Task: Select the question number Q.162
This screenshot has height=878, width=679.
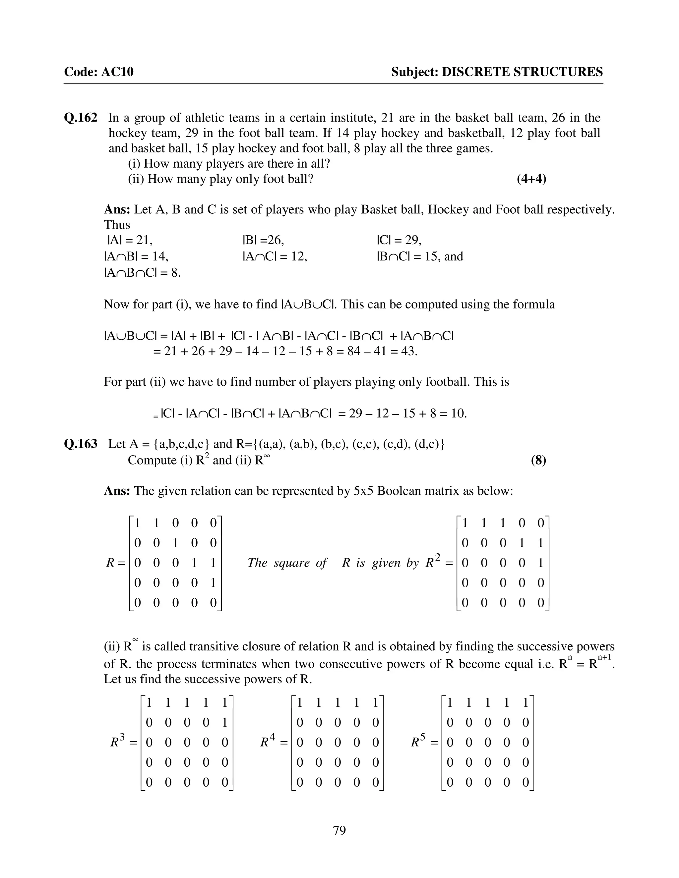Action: pyautogui.click(x=81, y=118)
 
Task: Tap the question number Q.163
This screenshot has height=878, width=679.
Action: pyautogui.click(x=81, y=444)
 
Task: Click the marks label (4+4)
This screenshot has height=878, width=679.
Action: pyautogui.click(x=531, y=179)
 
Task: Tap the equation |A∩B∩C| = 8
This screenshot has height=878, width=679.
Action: pyautogui.click(x=142, y=273)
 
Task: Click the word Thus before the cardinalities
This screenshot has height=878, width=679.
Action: pyautogui.click(x=117, y=225)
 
